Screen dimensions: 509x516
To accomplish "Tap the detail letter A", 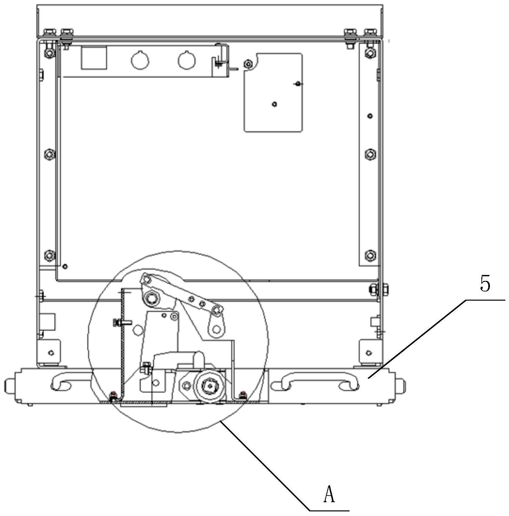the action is point(329,494).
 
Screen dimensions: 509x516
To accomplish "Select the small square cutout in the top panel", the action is point(94,58).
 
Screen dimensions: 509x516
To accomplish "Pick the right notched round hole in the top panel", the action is point(187,61).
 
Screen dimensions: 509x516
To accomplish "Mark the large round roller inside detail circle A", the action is point(210,385).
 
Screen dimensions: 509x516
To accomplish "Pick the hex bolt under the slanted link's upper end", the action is point(151,298).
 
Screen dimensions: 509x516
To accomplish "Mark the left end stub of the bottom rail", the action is point(9,385).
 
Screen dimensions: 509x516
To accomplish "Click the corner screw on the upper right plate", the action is point(248,64).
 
